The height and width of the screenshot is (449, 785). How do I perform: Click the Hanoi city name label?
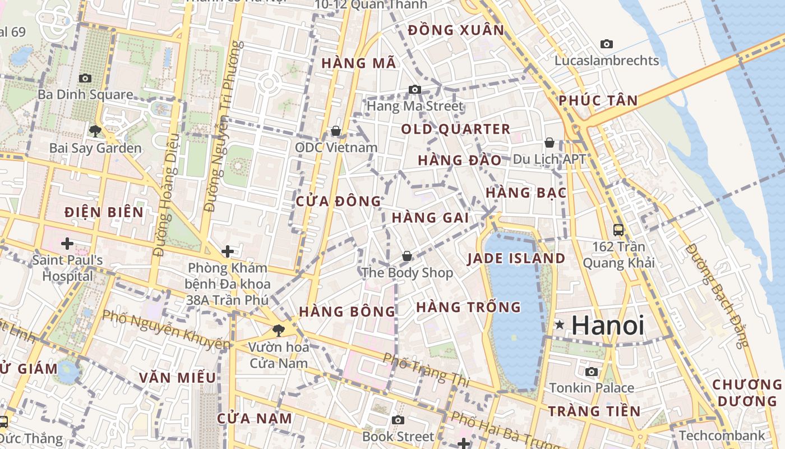pyautogui.click(x=608, y=326)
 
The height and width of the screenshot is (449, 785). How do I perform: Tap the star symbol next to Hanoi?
pyautogui.click(x=559, y=325)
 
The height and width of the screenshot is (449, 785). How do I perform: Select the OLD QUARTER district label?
pyautogui.click(x=455, y=129)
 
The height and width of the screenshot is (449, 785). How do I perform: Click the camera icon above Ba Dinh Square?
pyautogui.click(x=85, y=78)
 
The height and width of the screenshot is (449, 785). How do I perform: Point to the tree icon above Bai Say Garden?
pyautogui.click(x=95, y=131)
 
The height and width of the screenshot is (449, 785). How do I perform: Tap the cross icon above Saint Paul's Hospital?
pyautogui.click(x=67, y=244)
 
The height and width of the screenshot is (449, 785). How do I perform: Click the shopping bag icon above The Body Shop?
pyautogui.click(x=407, y=256)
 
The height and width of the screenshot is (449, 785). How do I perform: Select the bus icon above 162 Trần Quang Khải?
pyautogui.click(x=618, y=230)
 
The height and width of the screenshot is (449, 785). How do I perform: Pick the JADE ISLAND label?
pyautogui.click(x=516, y=259)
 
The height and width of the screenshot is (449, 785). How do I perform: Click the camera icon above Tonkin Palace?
pyautogui.click(x=591, y=372)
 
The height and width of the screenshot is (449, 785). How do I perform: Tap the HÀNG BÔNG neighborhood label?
pyautogui.click(x=347, y=311)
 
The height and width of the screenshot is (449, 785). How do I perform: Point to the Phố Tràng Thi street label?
pyautogui.click(x=426, y=369)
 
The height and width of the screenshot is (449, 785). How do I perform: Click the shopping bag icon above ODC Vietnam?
pyautogui.click(x=336, y=131)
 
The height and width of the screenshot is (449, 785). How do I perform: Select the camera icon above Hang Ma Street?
pyautogui.click(x=415, y=89)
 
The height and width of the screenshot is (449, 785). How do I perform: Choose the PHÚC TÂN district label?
pyautogui.click(x=598, y=101)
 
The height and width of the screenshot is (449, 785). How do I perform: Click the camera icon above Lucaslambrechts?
pyautogui.click(x=606, y=44)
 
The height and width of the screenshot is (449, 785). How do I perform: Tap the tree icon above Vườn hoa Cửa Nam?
pyautogui.click(x=278, y=330)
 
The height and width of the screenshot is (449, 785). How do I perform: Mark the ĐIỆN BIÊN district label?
pyautogui.click(x=104, y=212)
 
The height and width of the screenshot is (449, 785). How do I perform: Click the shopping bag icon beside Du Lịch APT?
pyautogui.click(x=549, y=143)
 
